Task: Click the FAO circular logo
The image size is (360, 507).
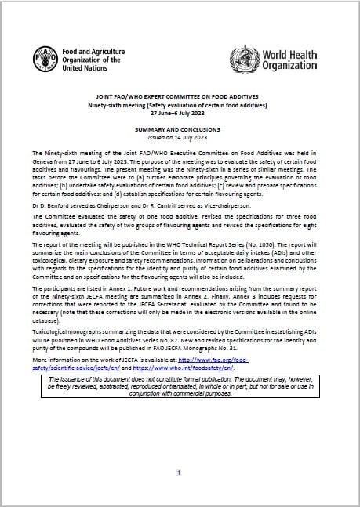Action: [45, 58]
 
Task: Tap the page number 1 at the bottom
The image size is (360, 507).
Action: [180, 473]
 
